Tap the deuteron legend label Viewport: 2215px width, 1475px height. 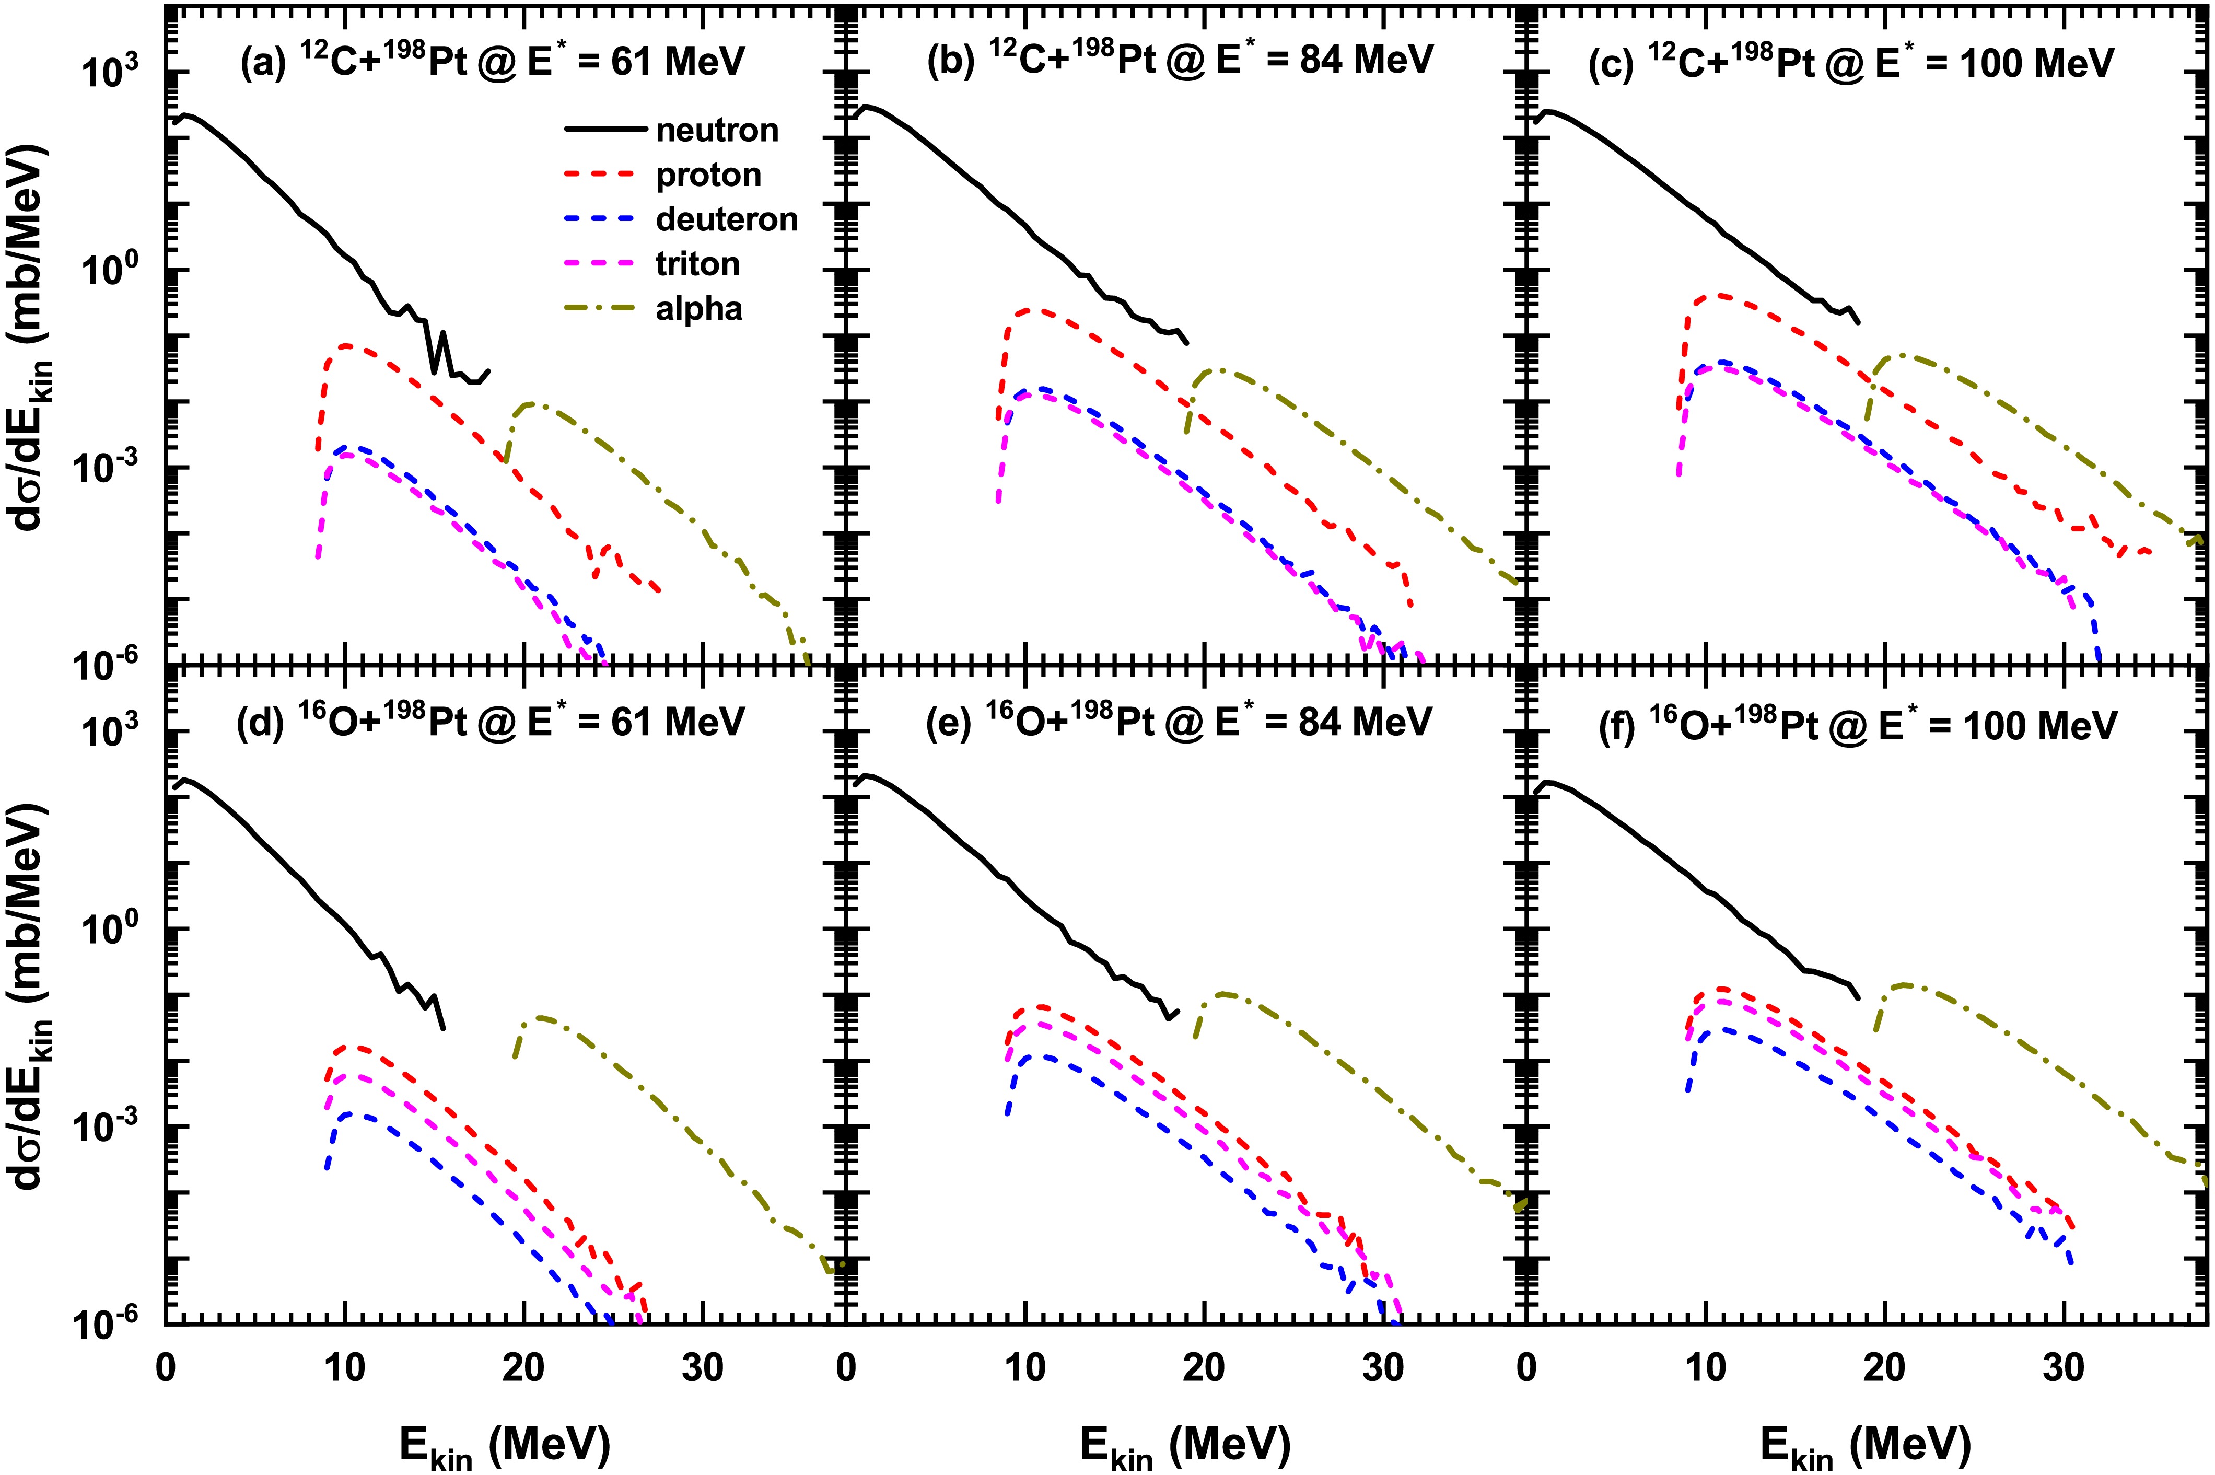(x=727, y=219)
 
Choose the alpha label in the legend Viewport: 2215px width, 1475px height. (x=699, y=309)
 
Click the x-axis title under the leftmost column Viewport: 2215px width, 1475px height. (x=503, y=1444)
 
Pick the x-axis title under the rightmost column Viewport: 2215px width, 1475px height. (x=1863, y=1444)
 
